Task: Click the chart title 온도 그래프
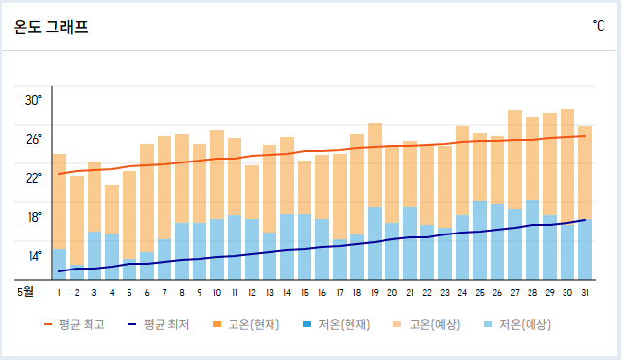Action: (51, 27)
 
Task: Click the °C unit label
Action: (598, 26)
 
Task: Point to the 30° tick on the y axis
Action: (33, 100)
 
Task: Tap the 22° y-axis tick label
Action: (33, 178)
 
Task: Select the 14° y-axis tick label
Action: (33, 256)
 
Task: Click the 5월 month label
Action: (25, 291)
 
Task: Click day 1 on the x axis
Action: (59, 291)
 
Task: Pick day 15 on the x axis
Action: (305, 291)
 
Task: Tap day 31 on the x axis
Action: (585, 291)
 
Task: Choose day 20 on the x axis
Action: (392, 291)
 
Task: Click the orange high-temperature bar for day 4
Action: (112, 209)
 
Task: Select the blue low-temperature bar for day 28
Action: (532, 239)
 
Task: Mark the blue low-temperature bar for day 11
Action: (235, 247)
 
